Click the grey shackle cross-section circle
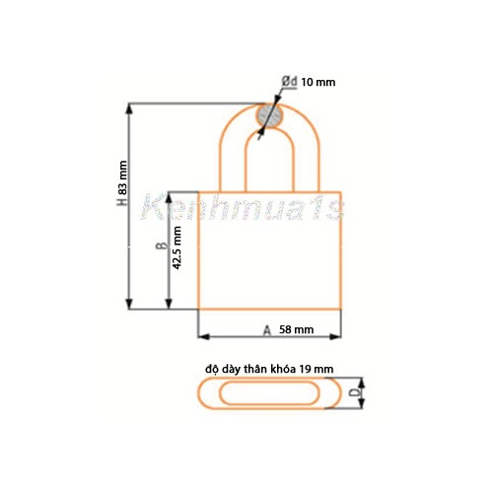269,117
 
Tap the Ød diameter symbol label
289,82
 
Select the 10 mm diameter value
317,82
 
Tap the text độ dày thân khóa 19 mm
269,367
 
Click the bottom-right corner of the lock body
340,308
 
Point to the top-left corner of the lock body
200,191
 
